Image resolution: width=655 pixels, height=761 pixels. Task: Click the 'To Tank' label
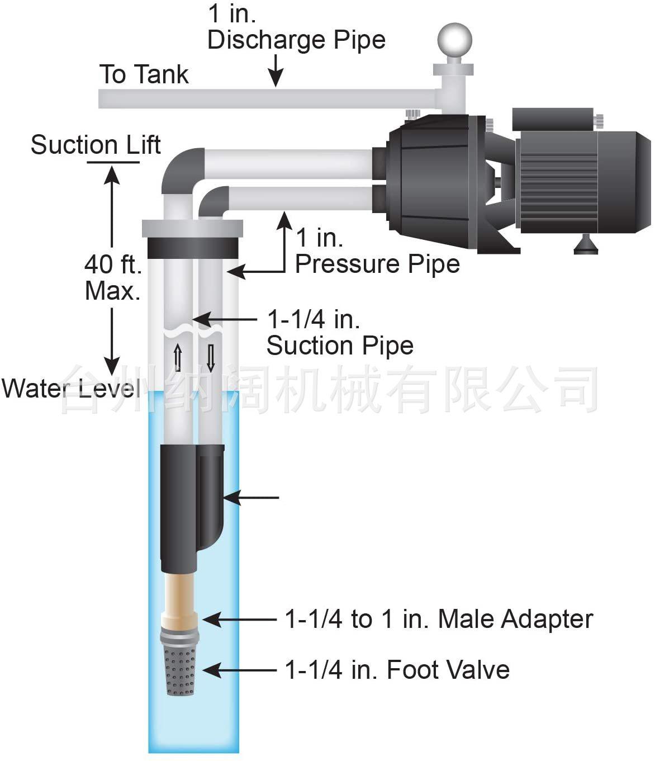coord(144,74)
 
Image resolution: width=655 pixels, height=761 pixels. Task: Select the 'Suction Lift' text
coord(96,145)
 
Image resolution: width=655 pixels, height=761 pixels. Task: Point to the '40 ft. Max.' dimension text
coord(113,277)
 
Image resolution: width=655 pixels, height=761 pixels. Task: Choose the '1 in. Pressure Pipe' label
coord(377,250)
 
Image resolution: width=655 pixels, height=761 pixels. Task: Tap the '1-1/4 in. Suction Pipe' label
coord(340,332)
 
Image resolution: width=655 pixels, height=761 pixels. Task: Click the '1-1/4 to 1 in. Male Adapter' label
coord(439,619)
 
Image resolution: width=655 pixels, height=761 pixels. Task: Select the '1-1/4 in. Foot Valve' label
coord(397,669)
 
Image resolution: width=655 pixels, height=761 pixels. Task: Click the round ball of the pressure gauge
coord(454,40)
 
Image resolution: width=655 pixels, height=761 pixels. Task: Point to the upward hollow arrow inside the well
coord(178,357)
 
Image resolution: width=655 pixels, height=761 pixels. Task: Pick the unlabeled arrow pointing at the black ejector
coord(251,497)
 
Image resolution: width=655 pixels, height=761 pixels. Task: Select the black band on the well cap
coord(193,247)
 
